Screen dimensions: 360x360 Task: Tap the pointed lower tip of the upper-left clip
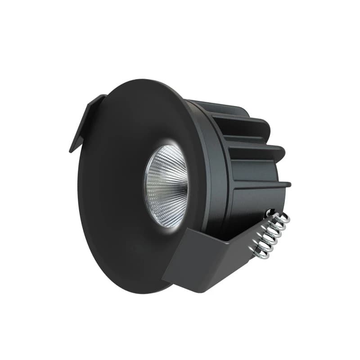(71, 151)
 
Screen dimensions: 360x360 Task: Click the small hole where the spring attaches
(269, 211)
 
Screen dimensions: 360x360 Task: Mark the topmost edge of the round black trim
(139, 80)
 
